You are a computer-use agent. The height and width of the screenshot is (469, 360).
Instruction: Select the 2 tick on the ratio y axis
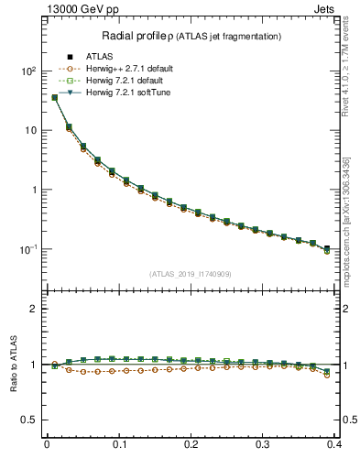(x=32, y=309)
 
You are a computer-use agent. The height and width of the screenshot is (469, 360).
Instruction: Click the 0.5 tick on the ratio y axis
(x=27, y=420)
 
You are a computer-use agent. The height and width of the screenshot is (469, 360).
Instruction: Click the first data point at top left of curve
(x=54, y=97)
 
